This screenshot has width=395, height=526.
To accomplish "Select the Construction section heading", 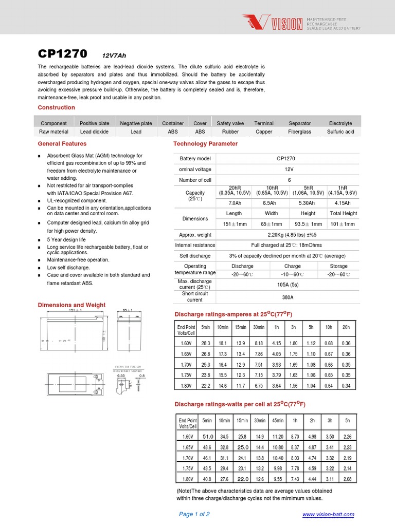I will click(x=57, y=107).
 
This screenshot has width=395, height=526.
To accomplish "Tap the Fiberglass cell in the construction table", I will click(x=299, y=131).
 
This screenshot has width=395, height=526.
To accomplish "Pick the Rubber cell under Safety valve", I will click(x=230, y=131).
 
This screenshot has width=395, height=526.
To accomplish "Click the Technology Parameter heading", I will click(x=205, y=144).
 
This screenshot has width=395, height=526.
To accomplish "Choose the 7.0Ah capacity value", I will click(x=234, y=203).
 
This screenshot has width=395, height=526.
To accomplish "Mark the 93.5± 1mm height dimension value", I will click(x=308, y=224).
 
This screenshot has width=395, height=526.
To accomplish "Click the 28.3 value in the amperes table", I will click(x=206, y=343).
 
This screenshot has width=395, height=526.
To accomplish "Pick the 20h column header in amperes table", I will click(x=346, y=327).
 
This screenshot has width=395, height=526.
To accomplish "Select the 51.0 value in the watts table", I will click(x=207, y=436).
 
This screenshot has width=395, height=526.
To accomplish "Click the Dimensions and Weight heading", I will click(x=71, y=305).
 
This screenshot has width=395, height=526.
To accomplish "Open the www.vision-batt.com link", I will click(x=328, y=515).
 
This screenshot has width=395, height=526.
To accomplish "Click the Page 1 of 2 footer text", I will click(x=194, y=514).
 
